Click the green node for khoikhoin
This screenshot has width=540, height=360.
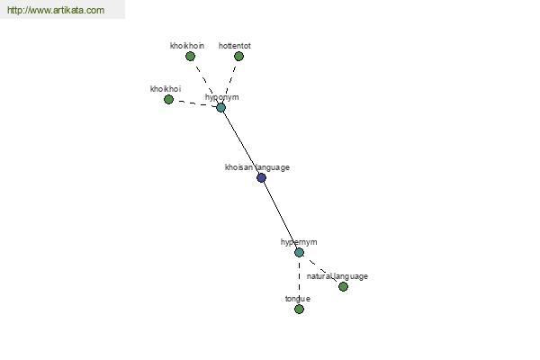coord(190,56)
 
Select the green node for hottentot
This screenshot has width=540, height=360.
coord(238,56)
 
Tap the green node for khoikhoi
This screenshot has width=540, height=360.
coord(168,100)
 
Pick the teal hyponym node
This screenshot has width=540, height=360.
coord(221,108)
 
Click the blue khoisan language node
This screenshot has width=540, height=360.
coord(261,178)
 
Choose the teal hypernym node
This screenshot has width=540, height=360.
coord(299,253)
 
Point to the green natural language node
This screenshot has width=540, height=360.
coord(343,286)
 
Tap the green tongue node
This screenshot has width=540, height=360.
coord(299,310)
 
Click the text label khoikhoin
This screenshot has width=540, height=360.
coord(187,46)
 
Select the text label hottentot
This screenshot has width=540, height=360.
coord(235,46)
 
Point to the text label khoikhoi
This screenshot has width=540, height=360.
coord(166,89)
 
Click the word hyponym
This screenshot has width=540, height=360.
coord(221,97)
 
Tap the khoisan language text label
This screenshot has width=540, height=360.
coord(257,167)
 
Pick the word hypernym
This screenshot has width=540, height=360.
coord(299,242)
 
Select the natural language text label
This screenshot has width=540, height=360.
coord(337,276)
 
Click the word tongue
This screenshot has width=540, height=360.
coord(298,299)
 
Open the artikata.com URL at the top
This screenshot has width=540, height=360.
coord(56,10)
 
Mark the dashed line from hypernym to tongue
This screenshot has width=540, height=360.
coord(299,281)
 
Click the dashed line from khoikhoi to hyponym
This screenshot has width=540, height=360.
coord(195,103)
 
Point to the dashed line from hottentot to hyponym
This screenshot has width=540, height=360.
coord(230,82)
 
